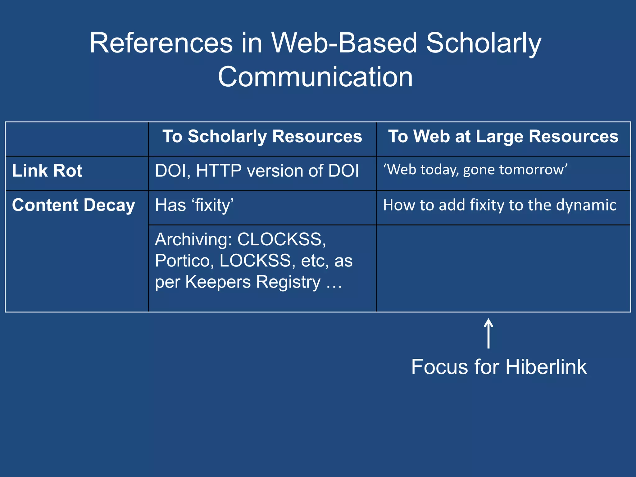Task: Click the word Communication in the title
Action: coord(315,77)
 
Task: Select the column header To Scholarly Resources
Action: coord(262,136)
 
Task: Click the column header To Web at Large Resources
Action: coord(503,136)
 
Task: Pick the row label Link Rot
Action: coord(47,171)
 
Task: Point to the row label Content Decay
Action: coord(74,205)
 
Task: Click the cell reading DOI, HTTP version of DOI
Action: coord(257,171)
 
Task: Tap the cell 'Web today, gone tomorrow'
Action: coord(475,170)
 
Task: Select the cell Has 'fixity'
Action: coord(194,205)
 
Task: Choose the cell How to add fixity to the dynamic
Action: coord(499,205)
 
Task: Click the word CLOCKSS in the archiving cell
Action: coord(281,239)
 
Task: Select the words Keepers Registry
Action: coord(253,282)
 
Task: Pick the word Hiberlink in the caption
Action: coord(546,367)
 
